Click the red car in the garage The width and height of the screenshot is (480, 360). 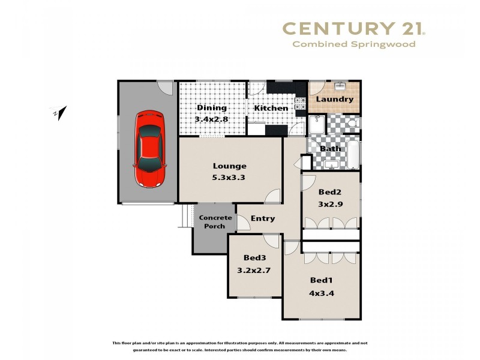point(149,140)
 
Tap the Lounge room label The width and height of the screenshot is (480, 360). point(230,166)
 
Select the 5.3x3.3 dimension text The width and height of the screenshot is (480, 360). point(230,177)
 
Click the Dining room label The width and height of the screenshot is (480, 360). point(211,108)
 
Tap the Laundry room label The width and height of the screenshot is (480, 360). point(334,100)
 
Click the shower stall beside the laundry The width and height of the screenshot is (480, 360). point(315,125)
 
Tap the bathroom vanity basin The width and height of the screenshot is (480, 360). point(331,163)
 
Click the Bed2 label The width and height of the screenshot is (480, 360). point(330,193)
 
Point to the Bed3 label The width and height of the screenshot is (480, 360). point(255,258)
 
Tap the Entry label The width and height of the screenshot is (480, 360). point(263,218)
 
